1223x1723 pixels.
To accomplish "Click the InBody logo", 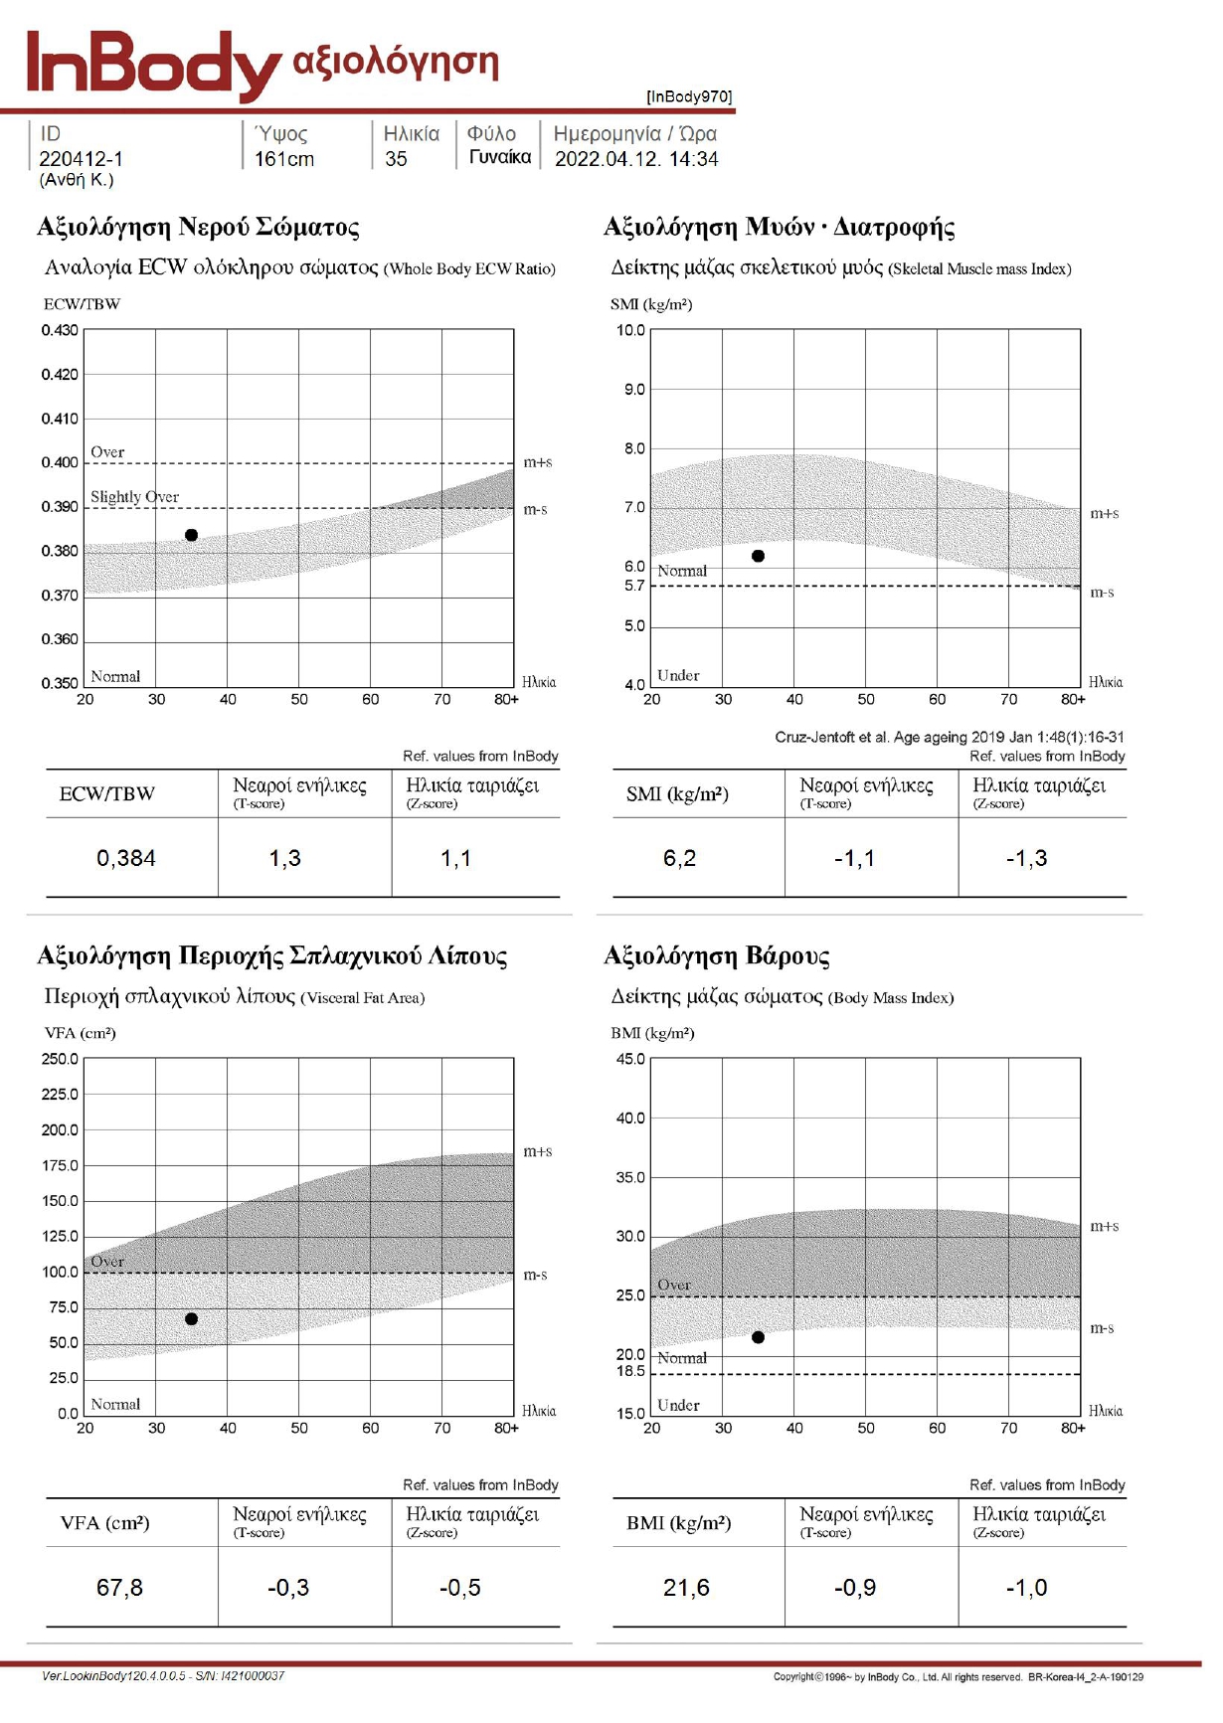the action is pos(154,65).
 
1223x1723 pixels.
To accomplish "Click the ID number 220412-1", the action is pos(82,159).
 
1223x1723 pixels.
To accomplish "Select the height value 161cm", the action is pos(284,159).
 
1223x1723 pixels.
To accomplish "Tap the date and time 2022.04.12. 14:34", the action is pos(636,159).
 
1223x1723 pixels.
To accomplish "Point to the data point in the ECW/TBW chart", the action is pos(192,535).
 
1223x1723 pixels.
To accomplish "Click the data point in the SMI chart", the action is pos(759,556).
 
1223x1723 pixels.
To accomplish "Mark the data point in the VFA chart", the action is pos(192,1319).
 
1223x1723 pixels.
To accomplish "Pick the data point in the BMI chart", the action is pos(759,1337).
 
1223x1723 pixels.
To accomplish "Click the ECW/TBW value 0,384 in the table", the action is pos(126,858).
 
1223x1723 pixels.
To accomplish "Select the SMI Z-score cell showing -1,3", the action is pos(1027,858).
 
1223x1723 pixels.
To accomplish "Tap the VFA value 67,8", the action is pos(119,1588).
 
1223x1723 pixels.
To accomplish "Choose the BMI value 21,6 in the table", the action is pos(687,1588).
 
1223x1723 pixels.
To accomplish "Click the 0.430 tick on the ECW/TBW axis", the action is pos(60,330).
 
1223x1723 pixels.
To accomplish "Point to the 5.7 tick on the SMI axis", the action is pos(634,586).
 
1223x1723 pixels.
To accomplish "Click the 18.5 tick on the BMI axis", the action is pos(630,1372).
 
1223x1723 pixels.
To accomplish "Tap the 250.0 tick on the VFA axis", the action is pos(60,1059).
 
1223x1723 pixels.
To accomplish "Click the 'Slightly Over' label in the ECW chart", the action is pos(135,496).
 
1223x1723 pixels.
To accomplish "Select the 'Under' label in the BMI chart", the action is pos(678,1405).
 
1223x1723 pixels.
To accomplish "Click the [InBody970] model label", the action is pos(689,96).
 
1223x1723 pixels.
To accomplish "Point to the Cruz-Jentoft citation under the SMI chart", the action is pos(950,737).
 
